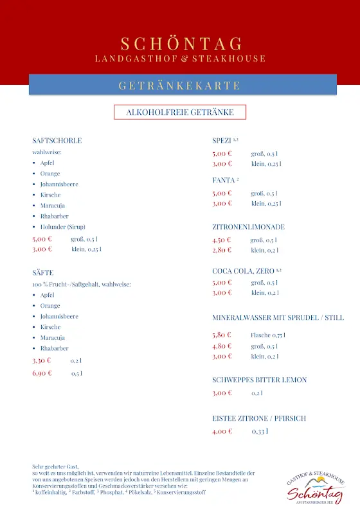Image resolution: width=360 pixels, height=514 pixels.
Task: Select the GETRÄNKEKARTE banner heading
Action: (x=179, y=85)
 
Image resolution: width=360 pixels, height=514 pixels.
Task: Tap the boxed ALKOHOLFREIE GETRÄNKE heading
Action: (x=179, y=112)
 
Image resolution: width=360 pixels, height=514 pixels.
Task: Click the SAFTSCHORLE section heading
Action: (x=57, y=141)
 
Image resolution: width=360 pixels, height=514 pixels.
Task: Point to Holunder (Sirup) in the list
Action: (x=62, y=227)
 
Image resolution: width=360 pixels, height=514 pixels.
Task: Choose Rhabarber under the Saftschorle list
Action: (x=54, y=216)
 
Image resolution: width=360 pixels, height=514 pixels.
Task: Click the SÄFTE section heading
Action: (x=42, y=273)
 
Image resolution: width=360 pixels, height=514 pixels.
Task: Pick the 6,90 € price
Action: (x=42, y=373)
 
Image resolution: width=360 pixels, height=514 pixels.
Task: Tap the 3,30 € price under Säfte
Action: (x=42, y=360)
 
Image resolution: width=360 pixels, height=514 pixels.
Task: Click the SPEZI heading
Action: (x=222, y=141)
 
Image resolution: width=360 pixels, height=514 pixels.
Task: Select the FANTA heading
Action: (x=223, y=180)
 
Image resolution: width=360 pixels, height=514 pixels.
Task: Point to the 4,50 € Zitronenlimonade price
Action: (x=222, y=240)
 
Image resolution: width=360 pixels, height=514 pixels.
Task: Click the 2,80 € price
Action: (x=222, y=250)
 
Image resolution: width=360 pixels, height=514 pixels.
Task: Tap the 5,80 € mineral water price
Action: (x=222, y=335)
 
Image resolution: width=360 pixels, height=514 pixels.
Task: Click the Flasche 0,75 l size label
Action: (x=267, y=335)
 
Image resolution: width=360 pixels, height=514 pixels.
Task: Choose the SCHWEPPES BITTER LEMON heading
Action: (x=259, y=380)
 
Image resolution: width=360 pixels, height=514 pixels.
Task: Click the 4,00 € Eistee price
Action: (x=222, y=431)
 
